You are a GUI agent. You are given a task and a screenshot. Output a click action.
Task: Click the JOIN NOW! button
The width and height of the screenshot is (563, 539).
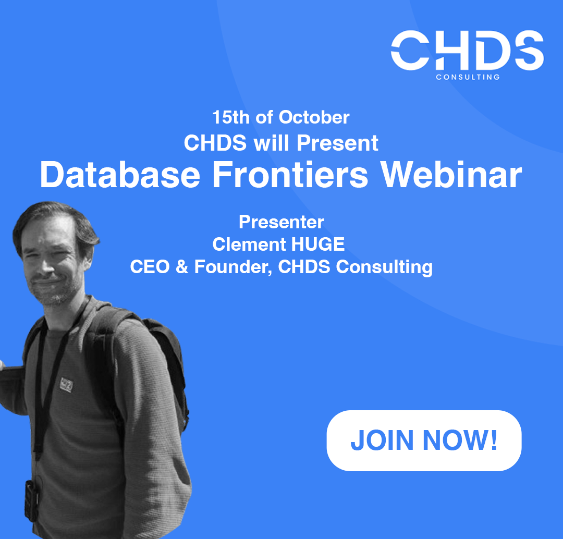tap(424, 440)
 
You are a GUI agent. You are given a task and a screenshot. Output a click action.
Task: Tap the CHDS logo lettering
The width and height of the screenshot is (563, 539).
tap(467, 50)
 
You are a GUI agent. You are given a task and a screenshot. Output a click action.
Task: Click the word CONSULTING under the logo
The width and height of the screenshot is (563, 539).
tap(468, 77)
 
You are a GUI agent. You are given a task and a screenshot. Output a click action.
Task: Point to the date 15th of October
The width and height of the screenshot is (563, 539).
tap(281, 117)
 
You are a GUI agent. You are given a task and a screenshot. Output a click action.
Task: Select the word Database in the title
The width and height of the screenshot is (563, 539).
tap(120, 175)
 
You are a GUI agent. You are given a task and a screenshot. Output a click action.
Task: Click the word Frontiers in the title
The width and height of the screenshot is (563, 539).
tap(290, 175)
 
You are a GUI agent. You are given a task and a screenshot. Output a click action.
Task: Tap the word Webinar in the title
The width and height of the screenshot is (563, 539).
tap(451, 175)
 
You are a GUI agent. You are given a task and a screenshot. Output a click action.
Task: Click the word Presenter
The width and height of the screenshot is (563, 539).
tap(281, 222)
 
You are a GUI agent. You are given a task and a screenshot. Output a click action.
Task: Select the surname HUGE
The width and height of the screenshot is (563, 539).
tap(318, 244)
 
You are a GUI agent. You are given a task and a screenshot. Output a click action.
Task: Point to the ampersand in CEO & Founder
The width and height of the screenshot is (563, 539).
tap(182, 267)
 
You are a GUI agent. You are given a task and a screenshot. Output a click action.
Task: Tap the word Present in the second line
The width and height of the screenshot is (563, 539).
tap(337, 143)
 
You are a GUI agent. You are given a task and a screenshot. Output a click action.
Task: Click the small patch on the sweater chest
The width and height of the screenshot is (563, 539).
tap(66, 385)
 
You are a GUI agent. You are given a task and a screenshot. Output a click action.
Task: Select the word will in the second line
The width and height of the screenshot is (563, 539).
tap(272, 143)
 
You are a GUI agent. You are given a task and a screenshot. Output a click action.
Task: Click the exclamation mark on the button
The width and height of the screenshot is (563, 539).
tap(494, 439)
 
